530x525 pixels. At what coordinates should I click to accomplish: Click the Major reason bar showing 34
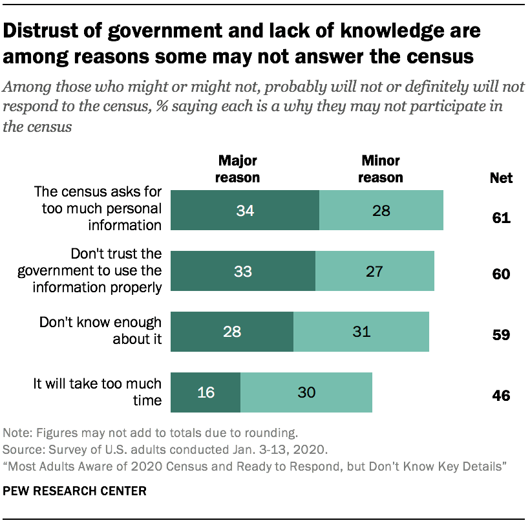pyautogui.click(x=245, y=210)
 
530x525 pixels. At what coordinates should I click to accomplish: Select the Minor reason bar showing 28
pyautogui.click(x=381, y=210)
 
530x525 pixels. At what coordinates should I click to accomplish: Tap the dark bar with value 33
pyautogui.click(x=243, y=272)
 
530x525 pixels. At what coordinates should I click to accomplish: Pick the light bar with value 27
pyautogui.click(x=375, y=272)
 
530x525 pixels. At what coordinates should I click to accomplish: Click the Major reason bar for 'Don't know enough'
pyautogui.click(x=232, y=332)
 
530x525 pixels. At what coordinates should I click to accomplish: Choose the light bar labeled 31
pyautogui.click(x=361, y=332)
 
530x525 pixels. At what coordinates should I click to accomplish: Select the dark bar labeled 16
pyautogui.click(x=206, y=392)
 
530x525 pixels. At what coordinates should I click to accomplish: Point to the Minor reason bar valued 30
pyautogui.click(x=306, y=392)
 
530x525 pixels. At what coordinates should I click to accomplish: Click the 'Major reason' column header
pyautogui.click(x=238, y=169)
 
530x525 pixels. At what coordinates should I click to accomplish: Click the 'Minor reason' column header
pyautogui.click(x=381, y=169)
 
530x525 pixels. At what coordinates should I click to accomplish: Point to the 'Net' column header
pyautogui.click(x=500, y=178)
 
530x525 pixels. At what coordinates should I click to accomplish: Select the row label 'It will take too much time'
pyautogui.click(x=98, y=392)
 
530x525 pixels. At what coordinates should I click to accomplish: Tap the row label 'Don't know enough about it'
pyautogui.click(x=101, y=330)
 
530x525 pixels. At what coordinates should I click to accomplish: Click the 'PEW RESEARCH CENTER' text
pyautogui.click(x=75, y=491)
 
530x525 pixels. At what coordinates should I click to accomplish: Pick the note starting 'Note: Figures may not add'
pyautogui.click(x=150, y=433)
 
